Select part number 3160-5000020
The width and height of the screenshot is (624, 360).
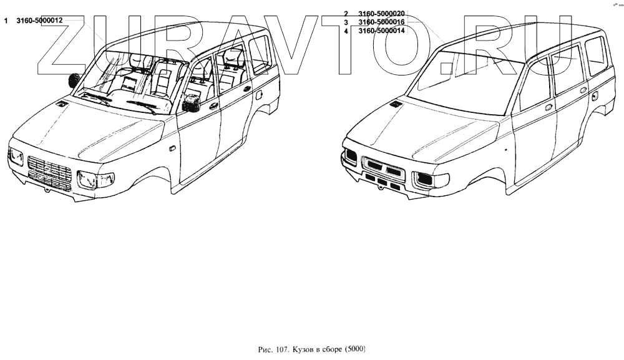click(x=382, y=14)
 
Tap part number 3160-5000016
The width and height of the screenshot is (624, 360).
click(x=382, y=22)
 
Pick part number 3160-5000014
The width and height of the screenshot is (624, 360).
click(x=382, y=31)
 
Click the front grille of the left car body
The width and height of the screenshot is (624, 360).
click(x=51, y=173)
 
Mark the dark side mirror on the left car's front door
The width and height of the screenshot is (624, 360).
click(x=191, y=103)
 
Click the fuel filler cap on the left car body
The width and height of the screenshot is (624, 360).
click(x=258, y=96)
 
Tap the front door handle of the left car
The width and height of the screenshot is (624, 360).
click(x=214, y=106)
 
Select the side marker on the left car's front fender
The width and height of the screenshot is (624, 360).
click(x=171, y=149)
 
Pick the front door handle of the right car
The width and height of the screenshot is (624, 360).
click(x=548, y=107)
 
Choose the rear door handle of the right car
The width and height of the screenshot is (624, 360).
click(x=583, y=90)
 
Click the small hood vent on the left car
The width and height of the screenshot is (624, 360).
click(x=61, y=103)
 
